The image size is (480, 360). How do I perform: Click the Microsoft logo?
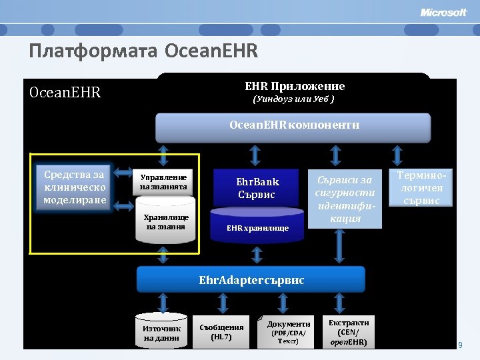(x=443, y=13)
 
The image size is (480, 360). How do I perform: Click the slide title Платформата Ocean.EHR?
(x=143, y=51)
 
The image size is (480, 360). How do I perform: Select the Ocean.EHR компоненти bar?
(x=293, y=125)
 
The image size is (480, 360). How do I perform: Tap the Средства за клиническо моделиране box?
(x=75, y=187)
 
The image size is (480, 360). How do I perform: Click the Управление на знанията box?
(x=163, y=182)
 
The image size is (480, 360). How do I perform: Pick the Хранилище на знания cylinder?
(x=167, y=221)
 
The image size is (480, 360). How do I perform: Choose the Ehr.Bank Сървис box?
(x=257, y=188)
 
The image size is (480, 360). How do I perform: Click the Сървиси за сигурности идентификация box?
(x=345, y=199)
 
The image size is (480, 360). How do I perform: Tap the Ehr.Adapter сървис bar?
(x=251, y=280)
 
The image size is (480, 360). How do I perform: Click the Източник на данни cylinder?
(x=161, y=332)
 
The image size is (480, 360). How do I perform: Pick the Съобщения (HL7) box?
(x=221, y=331)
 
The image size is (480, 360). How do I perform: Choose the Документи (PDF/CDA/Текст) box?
(x=288, y=331)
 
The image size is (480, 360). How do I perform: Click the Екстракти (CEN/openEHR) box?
(x=348, y=331)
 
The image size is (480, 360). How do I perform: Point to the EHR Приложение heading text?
(x=295, y=86)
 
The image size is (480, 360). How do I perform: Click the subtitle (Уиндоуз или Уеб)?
(x=293, y=99)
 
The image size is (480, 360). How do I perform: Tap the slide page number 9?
(x=459, y=345)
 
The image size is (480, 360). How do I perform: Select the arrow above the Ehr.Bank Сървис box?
(x=257, y=155)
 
